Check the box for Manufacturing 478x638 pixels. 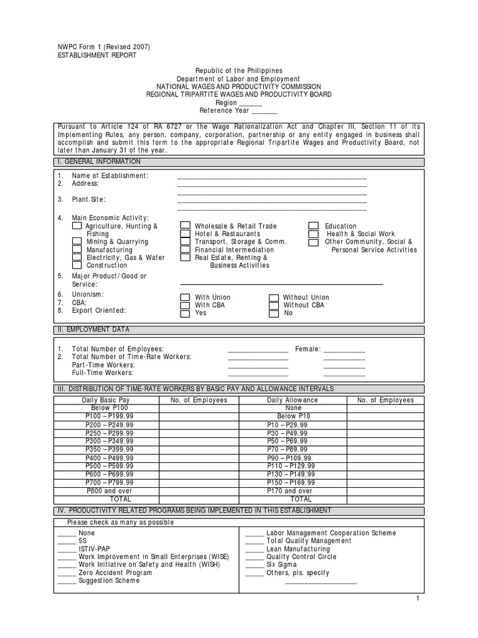coord(77,249)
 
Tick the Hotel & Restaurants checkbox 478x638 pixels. coord(185,234)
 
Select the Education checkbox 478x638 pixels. coord(314,226)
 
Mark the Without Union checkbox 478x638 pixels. coord(274,298)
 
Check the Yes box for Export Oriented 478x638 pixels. coord(185,313)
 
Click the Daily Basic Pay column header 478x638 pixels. coord(106,400)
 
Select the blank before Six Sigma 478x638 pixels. coord(254,565)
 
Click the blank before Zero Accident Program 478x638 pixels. coord(67,573)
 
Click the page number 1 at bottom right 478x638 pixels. coord(419,598)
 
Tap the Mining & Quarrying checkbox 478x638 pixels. coord(77,242)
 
